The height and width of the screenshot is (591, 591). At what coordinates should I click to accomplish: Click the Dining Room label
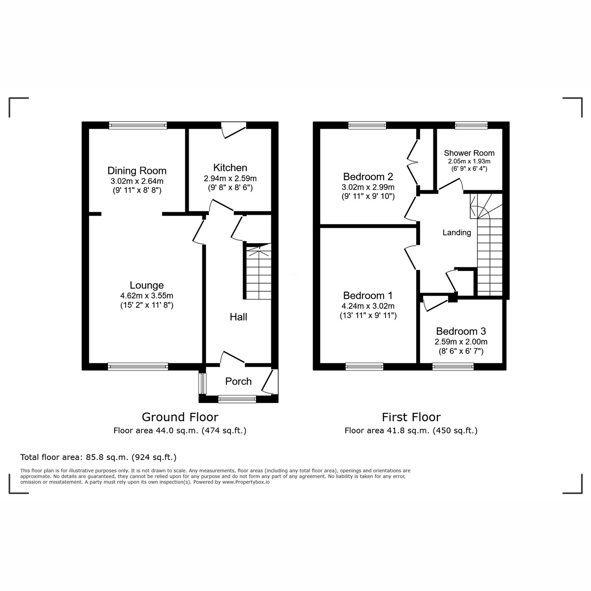point(137,171)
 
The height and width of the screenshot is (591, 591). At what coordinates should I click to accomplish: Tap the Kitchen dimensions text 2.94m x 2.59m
point(230,178)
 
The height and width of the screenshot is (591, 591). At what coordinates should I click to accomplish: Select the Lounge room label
point(146,285)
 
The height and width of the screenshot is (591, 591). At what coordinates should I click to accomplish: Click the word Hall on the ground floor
point(238,317)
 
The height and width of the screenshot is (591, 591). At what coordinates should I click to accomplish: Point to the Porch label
point(238,381)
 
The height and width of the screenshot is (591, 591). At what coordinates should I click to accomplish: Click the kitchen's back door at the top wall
point(233,129)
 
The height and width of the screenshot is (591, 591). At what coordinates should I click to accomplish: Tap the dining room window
point(138,126)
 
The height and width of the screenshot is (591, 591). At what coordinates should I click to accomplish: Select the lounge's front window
point(138,366)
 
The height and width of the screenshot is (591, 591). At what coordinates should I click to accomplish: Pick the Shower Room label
point(469,153)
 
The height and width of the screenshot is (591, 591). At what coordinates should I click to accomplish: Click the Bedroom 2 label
point(368,177)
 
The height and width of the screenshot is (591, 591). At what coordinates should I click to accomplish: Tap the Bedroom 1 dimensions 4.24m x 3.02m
point(368,306)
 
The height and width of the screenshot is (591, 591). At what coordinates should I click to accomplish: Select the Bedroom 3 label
point(460,331)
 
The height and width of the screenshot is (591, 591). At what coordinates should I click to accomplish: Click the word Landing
point(457,232)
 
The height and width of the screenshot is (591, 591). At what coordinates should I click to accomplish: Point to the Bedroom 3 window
point(453,366)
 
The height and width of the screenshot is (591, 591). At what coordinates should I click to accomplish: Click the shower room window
point(471,126)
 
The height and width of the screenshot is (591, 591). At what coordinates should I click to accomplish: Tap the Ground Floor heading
point(180,417)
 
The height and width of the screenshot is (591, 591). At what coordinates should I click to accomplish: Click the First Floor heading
point(411,417)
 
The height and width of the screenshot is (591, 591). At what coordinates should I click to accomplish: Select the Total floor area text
point(98,457)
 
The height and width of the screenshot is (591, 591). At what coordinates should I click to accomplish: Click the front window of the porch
point(234,399)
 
